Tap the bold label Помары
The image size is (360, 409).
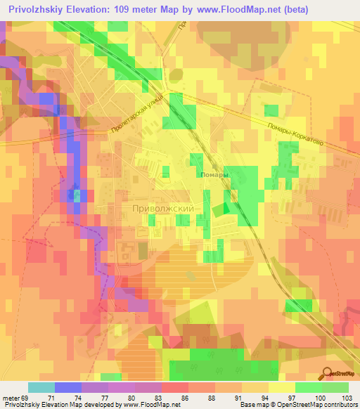[x=214, y=174]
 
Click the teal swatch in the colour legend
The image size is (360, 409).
[x=41, y=387]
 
